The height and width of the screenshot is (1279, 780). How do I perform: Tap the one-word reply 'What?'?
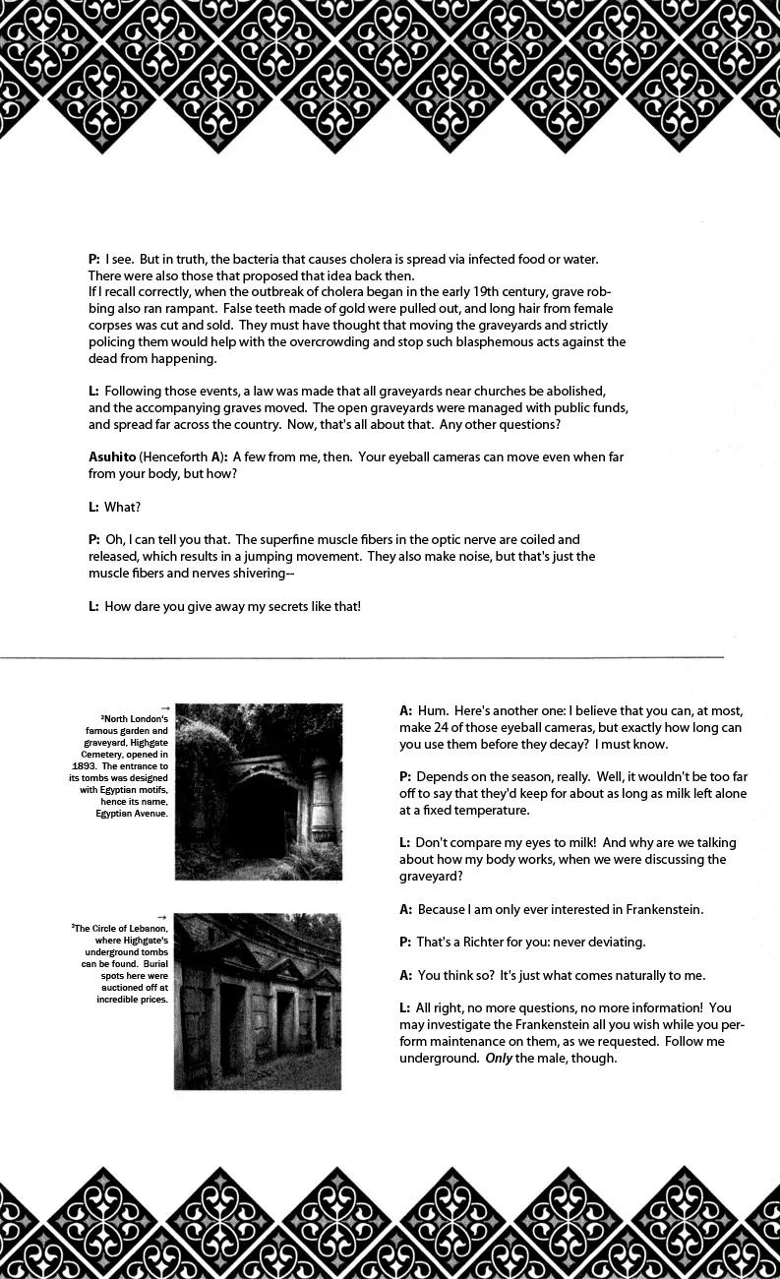click(122, 508)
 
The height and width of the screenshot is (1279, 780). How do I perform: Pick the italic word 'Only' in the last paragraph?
click(499, 1059)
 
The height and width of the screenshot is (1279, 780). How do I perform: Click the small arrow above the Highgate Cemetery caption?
click(164, 708)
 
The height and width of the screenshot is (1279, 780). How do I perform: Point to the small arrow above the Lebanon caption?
click(162, 918)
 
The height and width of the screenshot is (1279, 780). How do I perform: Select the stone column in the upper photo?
click(322, 797)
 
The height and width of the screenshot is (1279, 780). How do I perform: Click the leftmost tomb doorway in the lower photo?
click(231, 1028)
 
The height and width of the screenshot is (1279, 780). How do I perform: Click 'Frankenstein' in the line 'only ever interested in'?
click(659, 910)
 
